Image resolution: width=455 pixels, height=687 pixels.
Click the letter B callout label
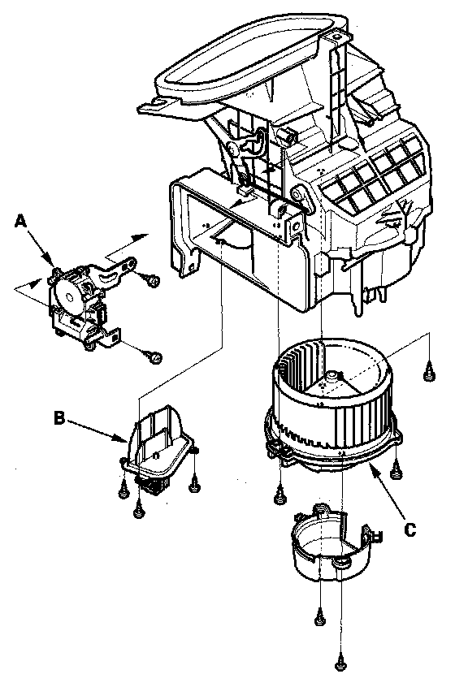coord(59,417)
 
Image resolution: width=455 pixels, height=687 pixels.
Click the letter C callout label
coord(409,530)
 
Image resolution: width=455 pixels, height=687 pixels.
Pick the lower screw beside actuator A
coord(155,357)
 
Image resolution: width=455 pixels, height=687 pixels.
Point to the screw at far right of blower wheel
coord(430,374)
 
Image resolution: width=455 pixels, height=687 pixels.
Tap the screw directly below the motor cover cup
coord(320,619)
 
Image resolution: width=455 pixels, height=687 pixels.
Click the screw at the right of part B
coord(195,485)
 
